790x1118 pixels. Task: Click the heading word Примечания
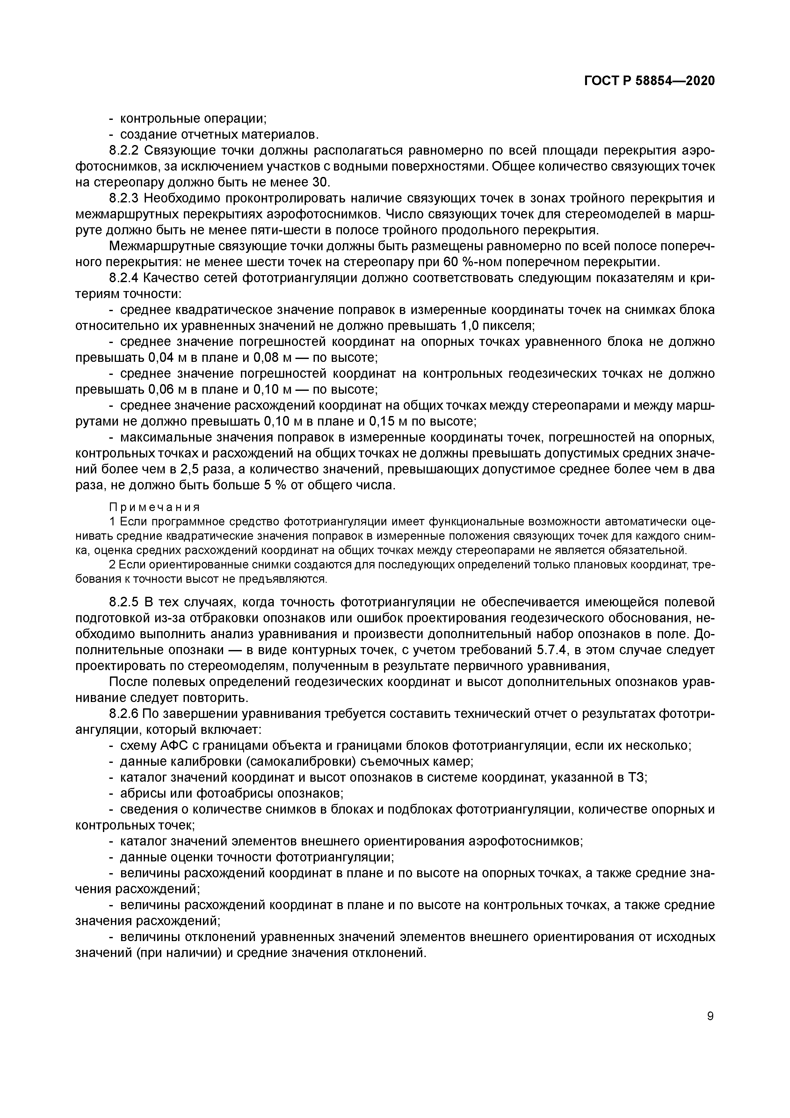click(x=154, y=508)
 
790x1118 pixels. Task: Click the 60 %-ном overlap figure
click(x=475, y=262)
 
